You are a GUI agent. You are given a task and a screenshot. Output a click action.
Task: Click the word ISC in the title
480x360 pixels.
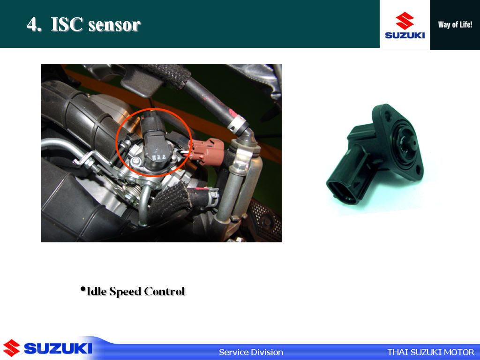[67, 24]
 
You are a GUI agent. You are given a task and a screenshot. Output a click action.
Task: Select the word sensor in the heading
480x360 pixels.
[114, 26]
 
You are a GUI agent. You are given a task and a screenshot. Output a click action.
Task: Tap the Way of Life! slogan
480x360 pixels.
[455, 25]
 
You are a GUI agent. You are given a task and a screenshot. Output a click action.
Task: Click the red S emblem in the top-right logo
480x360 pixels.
[405, 21]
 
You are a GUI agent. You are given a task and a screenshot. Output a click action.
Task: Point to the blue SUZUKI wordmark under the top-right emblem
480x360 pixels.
[405, 35]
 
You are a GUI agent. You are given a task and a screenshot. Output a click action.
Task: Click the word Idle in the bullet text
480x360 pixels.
[97, 291]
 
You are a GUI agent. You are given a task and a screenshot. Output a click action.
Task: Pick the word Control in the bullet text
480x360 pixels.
[165, 291]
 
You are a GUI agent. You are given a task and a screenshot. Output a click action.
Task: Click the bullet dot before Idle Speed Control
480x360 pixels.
[82, 289]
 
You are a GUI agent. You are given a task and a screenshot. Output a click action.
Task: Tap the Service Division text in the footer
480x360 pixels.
[251, 352]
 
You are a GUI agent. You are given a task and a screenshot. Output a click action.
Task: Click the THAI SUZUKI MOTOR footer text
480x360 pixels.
[431, 352]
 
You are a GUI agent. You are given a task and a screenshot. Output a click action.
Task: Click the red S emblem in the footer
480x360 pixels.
[11, 348]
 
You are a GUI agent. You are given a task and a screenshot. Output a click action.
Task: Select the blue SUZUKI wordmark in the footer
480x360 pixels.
[58, 348]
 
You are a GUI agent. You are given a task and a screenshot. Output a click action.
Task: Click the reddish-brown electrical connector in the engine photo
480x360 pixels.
[208, 151]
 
